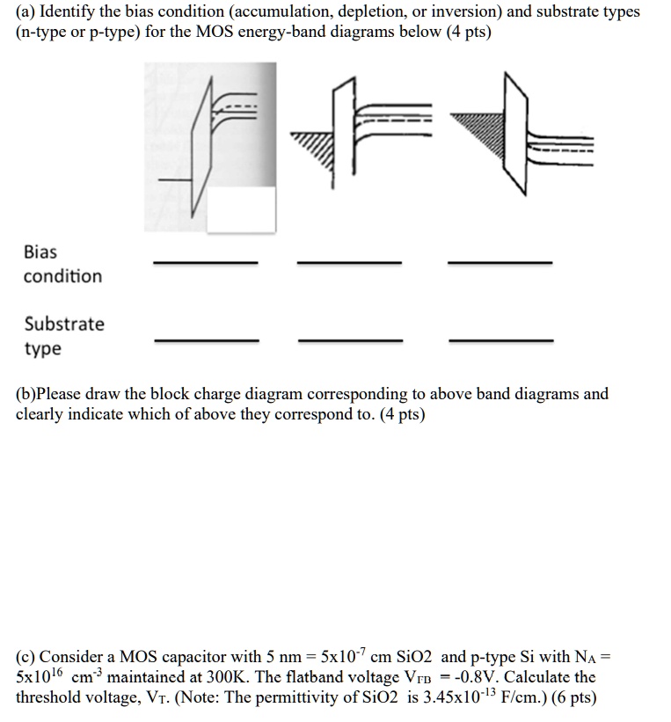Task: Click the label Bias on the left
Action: pos(40,252)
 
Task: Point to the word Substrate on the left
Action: pos(64,324)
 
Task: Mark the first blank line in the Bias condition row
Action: pos(206,262)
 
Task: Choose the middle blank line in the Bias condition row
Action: pos(349,262)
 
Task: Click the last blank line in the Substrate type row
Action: pos(500,339)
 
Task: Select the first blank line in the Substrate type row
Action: pos(206,339)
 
